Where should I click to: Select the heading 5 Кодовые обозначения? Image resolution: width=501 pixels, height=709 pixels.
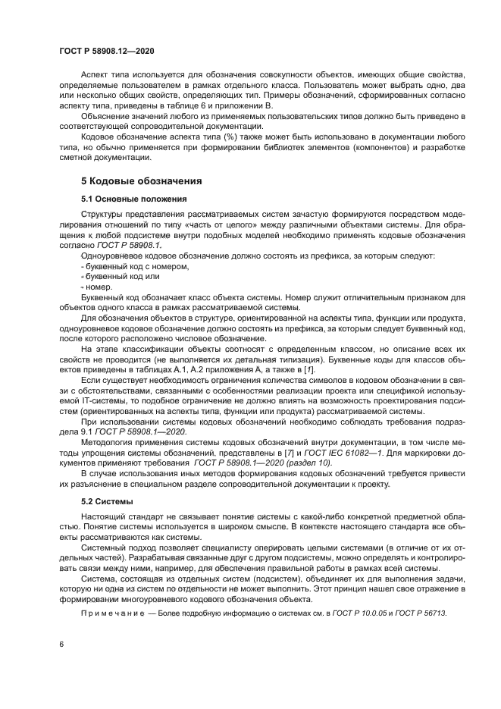click(140, 181)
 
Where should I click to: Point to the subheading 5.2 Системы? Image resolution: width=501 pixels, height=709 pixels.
click(107, 501)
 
